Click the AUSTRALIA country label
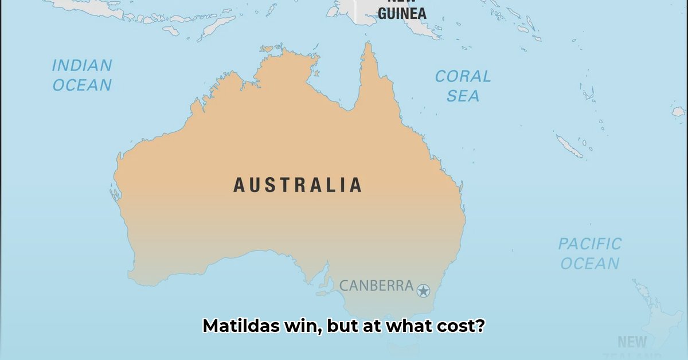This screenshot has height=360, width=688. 298,185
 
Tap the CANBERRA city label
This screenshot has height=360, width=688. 376,285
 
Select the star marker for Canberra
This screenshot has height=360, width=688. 423,291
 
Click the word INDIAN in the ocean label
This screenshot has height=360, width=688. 81,66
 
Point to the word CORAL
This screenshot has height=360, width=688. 463,76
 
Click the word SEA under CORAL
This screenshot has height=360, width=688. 463,96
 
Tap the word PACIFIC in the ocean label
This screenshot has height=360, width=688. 590,244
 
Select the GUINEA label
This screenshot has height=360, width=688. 402,13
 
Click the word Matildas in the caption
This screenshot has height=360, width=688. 241,326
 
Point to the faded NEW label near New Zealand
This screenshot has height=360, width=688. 632,342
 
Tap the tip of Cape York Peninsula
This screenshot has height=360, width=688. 367,45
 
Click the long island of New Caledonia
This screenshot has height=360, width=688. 569,146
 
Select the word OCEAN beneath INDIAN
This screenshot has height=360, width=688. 82,85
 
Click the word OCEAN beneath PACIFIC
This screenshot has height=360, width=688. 590,264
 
